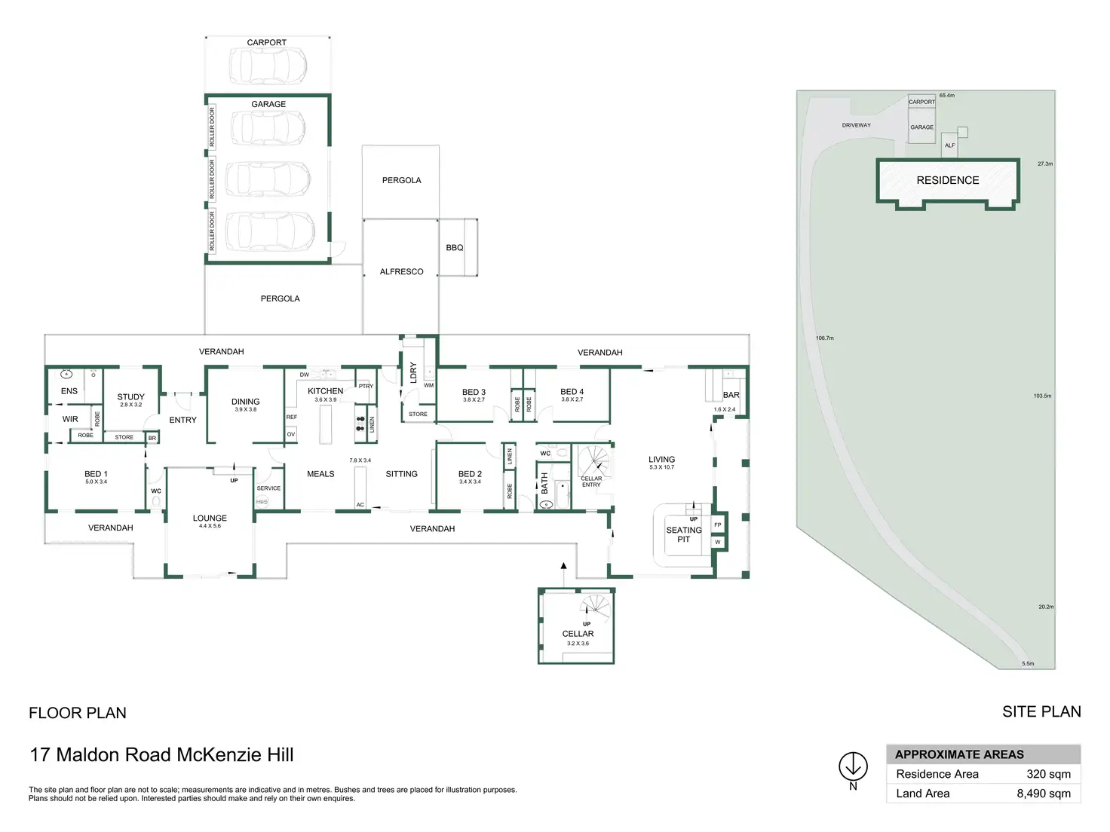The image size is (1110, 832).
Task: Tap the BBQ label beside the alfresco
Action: (x=455, y=247)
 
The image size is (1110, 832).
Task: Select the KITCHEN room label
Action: (x=325, y=390)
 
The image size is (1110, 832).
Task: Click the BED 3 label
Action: (x=474, y=392)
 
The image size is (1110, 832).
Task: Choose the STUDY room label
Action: (x=130, y=396)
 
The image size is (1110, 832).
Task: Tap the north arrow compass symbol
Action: (x=853, y=766)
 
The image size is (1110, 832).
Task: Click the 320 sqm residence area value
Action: (x=1048, y=774)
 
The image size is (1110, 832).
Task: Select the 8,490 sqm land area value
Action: (x=1044, y=794)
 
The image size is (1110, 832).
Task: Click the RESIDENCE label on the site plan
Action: (x=948, y=180)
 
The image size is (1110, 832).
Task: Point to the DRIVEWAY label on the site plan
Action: (x=856, y=125)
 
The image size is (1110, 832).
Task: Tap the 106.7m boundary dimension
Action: (x=825, y=338)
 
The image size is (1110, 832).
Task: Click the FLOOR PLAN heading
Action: (x=78, y=713)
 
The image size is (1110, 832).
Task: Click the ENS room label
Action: (x=69, y=391)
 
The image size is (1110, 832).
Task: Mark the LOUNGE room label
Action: (x=210, y=518)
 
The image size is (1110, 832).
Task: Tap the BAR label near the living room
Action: (x=731, y=395)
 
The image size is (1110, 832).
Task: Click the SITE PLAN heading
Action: (x=1041, y=711)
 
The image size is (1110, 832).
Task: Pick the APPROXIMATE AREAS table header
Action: (x=959, y=754)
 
